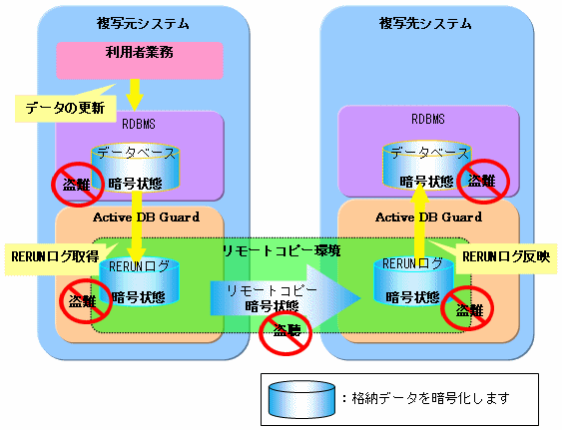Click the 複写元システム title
coord(143,24)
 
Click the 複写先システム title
coord(425,24)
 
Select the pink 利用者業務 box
coord(140,60)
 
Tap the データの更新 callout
coord(66,108)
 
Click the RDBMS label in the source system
coord(139,124)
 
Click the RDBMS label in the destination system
coord(428,119)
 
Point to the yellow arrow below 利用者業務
coord(135,95)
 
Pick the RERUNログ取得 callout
coord(56,257)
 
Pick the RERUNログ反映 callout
coord(505,256)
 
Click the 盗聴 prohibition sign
coord(285,331)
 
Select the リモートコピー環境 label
coord(281,250)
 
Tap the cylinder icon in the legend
coord(302,399)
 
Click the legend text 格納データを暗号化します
coord(430,398)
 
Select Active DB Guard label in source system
coord(146,217)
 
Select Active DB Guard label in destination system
coord(428,217)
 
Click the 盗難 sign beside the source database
coord(77,185)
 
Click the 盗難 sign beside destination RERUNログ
coord(467,308)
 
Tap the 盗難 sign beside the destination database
coord(483,182)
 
